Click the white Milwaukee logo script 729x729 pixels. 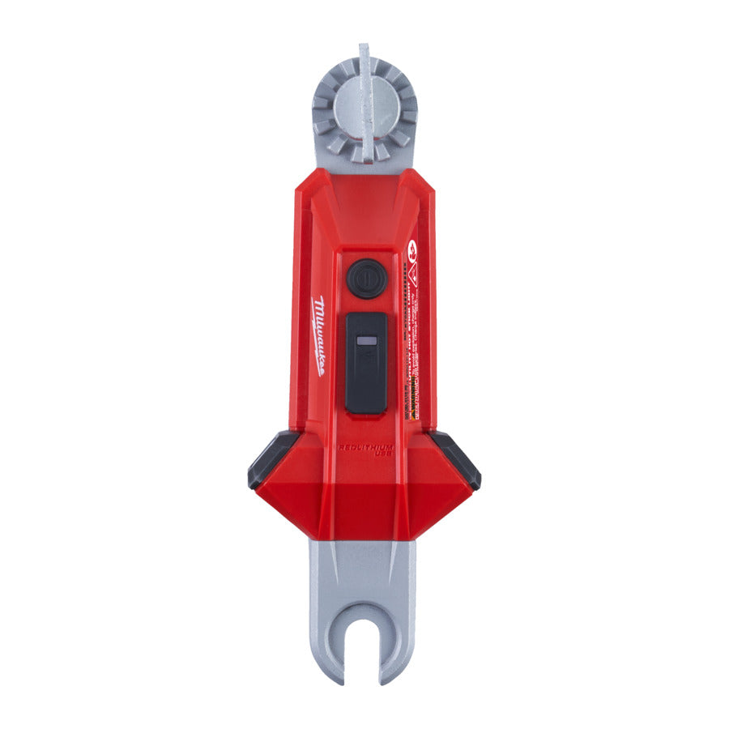pos(318,335)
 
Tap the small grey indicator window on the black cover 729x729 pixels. pos(365,342)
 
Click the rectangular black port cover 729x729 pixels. pos(366,362)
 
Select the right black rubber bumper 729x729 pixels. pos(458,458)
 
